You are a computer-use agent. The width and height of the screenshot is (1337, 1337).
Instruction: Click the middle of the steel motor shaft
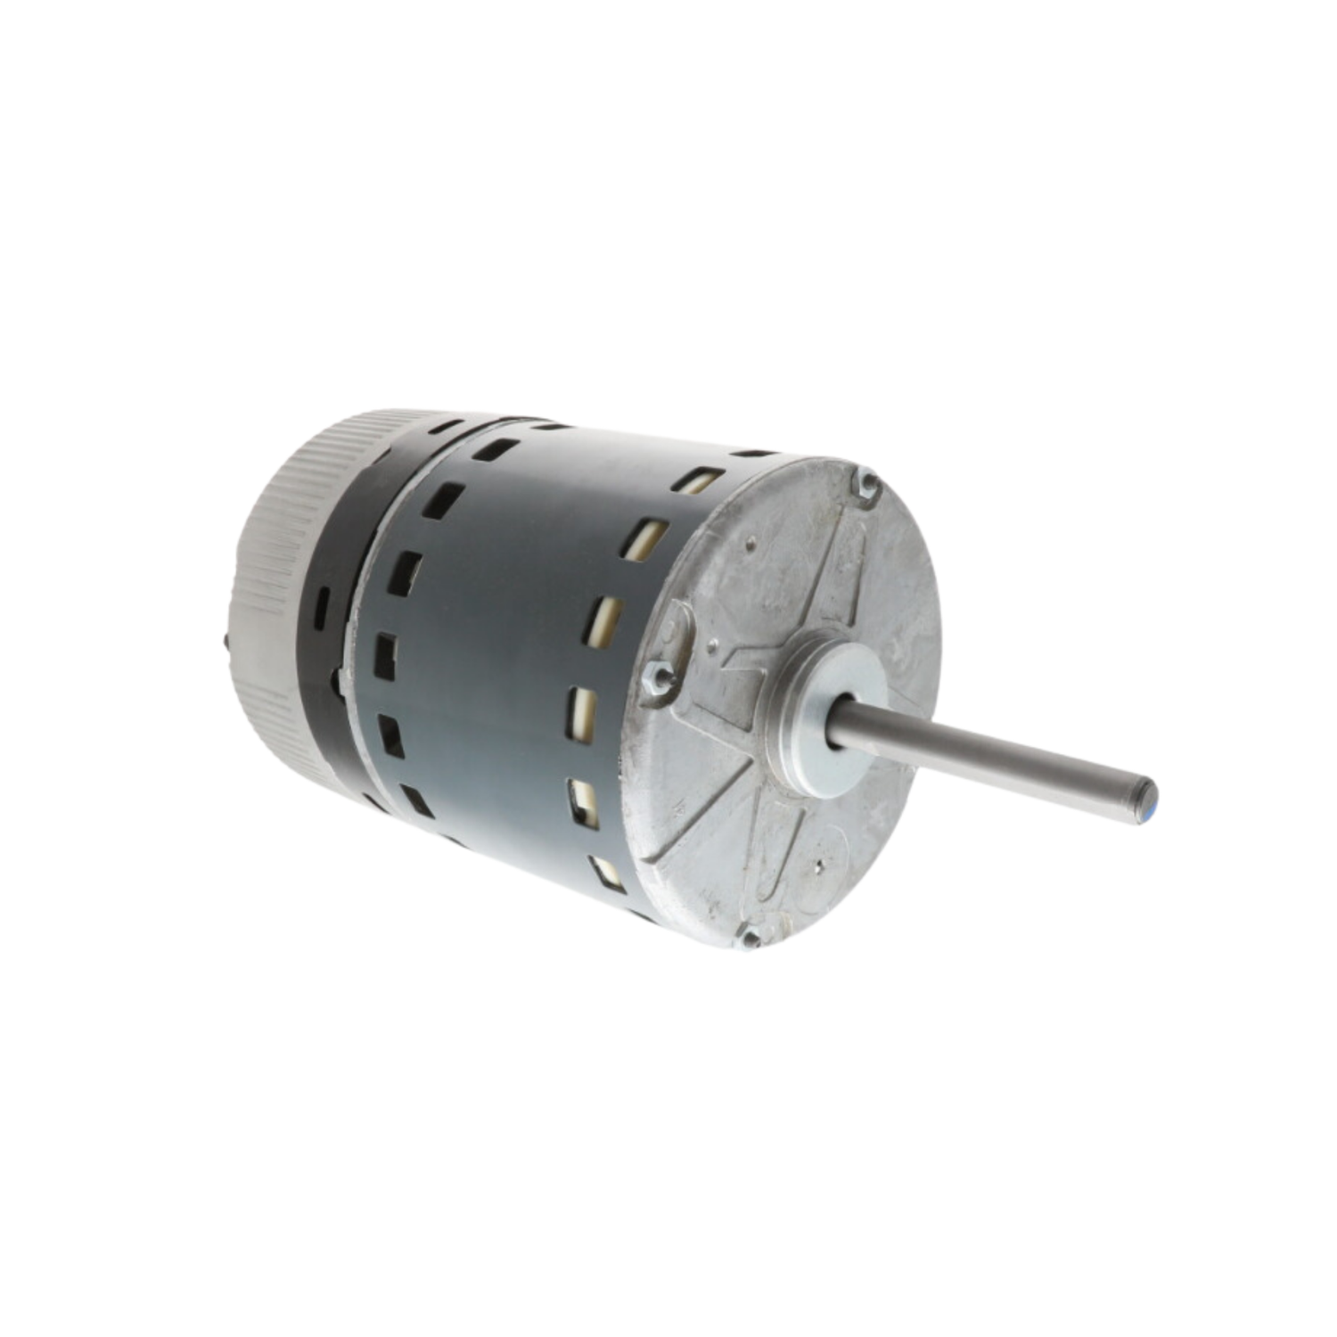(x=989, y=753)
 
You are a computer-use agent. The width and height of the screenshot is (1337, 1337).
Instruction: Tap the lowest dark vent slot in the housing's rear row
(x=416, y=800)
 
